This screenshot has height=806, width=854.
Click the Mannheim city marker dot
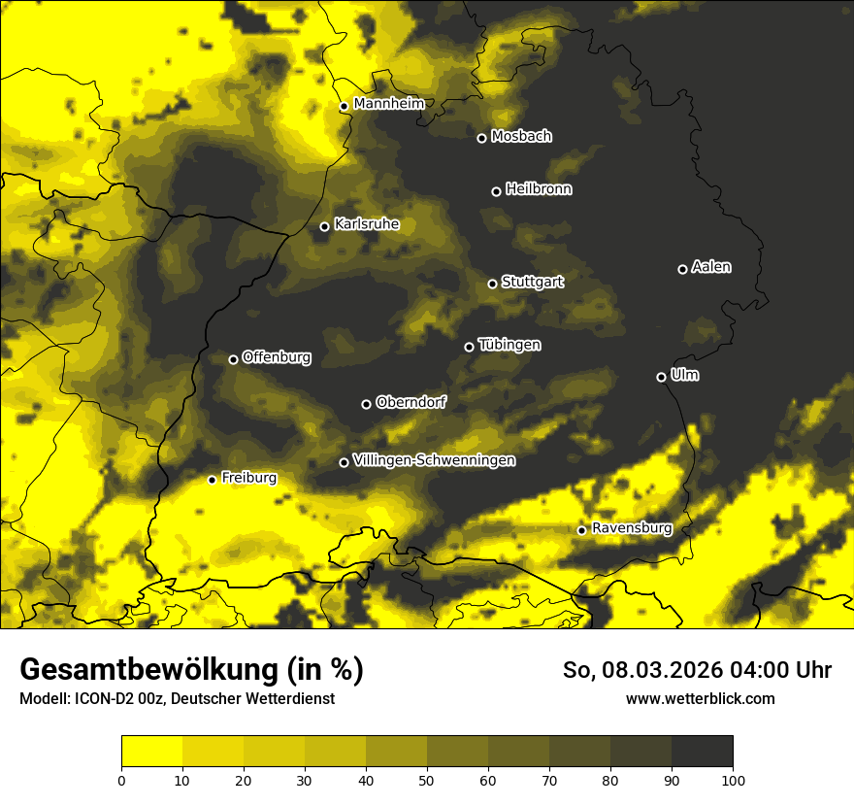click(x=344, y=107)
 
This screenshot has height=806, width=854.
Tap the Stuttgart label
click(x=532, y=283)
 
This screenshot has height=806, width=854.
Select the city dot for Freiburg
click(x=212, y=480)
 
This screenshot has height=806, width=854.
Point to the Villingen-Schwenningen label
click(x=434, y=460)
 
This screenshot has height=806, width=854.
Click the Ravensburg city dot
click(x=581, y=530)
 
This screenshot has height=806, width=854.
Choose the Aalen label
click(x=711, y=267)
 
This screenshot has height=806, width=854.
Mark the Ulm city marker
click(x=661, y=377)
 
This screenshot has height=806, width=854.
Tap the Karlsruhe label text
click(x=366, y=224)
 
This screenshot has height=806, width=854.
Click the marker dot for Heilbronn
click(x=496, y=191)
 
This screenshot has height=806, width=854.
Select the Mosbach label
click(x=521, y=137)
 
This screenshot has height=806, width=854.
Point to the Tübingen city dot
click(x=469, y=347)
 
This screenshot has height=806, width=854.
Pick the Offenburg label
click(x=277, y=357)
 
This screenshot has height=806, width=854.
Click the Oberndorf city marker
click(x=366, y=404)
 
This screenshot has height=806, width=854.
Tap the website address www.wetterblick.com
click(x=700, y=698)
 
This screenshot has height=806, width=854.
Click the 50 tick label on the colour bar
click(x=427, y=780)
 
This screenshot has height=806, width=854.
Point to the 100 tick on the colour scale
click(x=733, y=780)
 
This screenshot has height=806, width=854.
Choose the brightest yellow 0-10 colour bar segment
click(x=151, y=752)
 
